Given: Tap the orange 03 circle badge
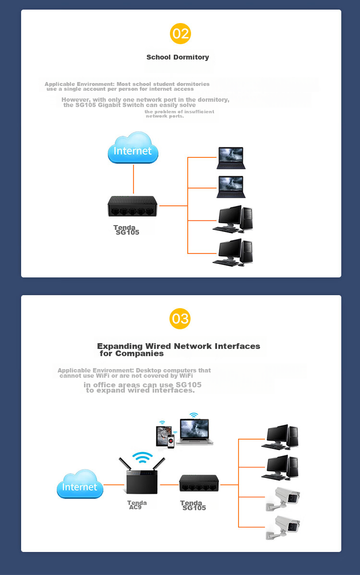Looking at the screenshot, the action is click(x=180, y=319).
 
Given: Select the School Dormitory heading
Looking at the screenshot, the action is click(x=178, y=57).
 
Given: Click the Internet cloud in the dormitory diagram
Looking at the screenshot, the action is click(x=133, y=148).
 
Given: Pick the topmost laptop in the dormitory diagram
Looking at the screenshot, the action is click(x=231, y=157).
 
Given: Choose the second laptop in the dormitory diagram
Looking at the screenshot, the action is click(x=231, y=186).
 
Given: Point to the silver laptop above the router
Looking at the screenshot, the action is click(x=195, y=431).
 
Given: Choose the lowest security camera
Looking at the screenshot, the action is click(x=283, y=528).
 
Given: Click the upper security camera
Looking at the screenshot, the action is click(x=283, y=499).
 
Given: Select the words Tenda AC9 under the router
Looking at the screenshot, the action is click(x=137, y=505).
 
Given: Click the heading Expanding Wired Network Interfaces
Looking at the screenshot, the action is click(x=179, y=346).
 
